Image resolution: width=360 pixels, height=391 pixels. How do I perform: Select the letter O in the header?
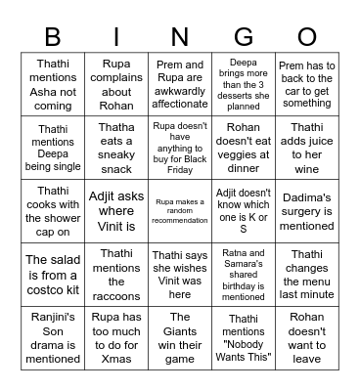[x=306, y=37]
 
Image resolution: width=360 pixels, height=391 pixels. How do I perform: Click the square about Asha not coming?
[x=53, y=84]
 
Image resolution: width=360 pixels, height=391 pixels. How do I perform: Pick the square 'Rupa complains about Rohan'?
[x=116, y=84]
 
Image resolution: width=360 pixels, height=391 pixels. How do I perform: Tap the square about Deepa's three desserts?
[x=243, y=84]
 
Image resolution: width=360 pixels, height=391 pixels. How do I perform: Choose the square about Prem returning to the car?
[x=306, y=84]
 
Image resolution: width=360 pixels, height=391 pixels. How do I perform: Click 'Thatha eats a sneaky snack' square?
[x=116, y=147]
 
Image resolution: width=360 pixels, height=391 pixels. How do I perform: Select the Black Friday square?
[x=180, y=147]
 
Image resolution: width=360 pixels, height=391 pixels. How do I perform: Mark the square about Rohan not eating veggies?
[x=243, y=147]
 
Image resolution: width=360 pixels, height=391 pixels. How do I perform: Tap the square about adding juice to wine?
[x=306, y=147]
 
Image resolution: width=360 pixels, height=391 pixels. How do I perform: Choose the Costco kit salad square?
[x=53, y=274]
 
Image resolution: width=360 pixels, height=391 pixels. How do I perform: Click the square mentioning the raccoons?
[x=116, y=274]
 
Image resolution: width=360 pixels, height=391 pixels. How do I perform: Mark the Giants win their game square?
[x=180, y=337]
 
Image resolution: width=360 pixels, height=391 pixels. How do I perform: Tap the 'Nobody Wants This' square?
[x=243, y=337]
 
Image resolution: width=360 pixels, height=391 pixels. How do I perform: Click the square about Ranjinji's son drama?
[x=53, y=337]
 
